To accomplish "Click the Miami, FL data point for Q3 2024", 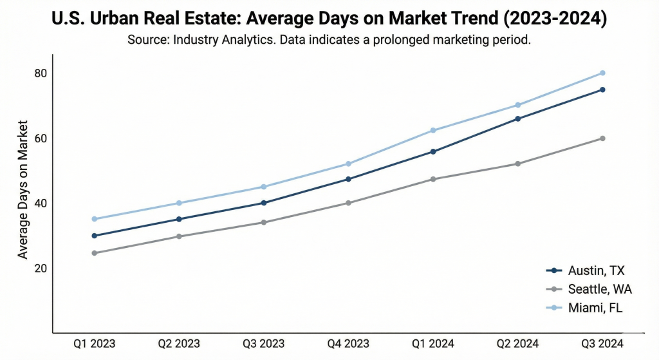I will click(602, 73).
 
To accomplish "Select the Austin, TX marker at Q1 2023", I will click(95, 236).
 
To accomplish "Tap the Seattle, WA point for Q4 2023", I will click(349, 203).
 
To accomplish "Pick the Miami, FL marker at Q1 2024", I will click(433, 130).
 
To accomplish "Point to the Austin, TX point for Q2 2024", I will click(518, 118).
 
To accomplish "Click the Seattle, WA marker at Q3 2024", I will click(602, 138).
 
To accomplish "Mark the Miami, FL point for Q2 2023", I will click(179, 203).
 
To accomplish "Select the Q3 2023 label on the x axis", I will click(264, 343).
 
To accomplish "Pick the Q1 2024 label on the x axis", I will click(433, 343).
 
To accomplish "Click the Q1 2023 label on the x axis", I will click(95, 343).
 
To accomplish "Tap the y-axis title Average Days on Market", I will click(23, 188).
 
